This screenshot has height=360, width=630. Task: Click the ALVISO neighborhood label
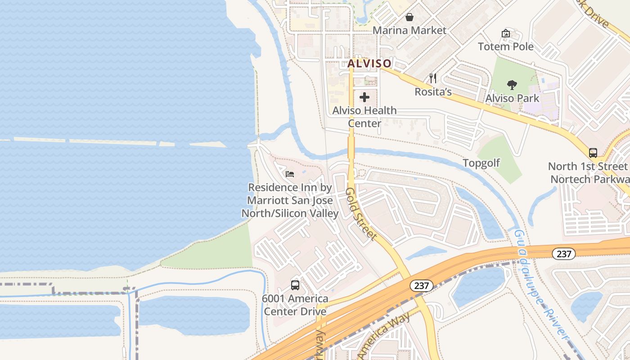click(x=369, y=63)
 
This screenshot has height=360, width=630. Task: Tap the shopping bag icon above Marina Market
click(x=409, y=18)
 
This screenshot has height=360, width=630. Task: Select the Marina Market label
click(x=409, y=30)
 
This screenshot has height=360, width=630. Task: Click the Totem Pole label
click(x=506, y=46)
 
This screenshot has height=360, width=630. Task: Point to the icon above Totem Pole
click(x=506, y=33)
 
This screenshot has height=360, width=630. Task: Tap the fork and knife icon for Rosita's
click(x=433, y=78)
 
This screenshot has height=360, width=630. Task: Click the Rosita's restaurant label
click(x=433, y=91)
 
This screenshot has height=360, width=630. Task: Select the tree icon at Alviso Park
click(x=512, y=85)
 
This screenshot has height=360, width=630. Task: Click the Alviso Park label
click(x=512, y=98)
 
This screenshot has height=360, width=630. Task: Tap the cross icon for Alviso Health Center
click(x=364, y=97)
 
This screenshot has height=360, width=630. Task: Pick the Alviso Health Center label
click(x=364, y=117)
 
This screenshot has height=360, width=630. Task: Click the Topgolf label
click(x=481, y=163)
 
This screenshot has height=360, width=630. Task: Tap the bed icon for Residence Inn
click(x=290, y=174)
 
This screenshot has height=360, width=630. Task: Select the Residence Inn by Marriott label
click(x=290, y=200)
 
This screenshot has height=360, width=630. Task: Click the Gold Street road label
click(x=360, y=214)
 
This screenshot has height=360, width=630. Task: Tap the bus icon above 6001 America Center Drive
click(x=295, y=285)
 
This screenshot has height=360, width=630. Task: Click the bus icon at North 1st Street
click(x=593, y=153)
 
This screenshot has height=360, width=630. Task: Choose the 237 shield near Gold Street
click(x=421, y=285)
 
